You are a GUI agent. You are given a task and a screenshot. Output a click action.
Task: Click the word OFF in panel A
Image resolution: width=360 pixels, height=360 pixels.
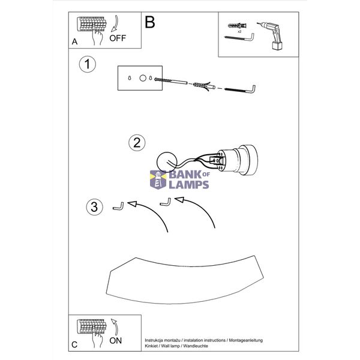(x=118, y=38)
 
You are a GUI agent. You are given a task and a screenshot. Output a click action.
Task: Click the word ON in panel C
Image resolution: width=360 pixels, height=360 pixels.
(x=115, y=341)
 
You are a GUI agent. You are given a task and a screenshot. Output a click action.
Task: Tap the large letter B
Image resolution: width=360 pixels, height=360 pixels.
(x=149, y=22)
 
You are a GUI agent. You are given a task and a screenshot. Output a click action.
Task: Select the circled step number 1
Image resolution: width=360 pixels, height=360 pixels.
(x=87, y=64)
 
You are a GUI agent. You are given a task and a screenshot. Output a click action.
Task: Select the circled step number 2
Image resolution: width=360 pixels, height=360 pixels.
(x=137, y=143)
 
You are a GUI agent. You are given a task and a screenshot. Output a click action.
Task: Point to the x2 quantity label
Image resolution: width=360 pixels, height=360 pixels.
(x=239, y=31)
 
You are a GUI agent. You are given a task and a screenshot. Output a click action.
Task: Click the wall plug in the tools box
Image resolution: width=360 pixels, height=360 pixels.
(x=238, y=25)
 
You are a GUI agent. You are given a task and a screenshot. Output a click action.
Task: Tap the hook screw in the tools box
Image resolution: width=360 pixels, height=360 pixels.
(x=239, y=38)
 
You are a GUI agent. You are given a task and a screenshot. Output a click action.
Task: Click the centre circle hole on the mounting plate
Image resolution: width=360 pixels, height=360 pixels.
(x=143, y=78)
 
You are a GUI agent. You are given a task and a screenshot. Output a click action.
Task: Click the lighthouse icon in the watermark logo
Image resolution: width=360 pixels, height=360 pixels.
(x=158, y=180)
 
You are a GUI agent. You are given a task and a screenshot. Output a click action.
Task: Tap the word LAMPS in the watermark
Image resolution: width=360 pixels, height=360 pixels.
(x=189, y=185)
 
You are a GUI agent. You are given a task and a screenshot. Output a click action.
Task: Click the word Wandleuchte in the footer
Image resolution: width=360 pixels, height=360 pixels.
(x=196, y=346)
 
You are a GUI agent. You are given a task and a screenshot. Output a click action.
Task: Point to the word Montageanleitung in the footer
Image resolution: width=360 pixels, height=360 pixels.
(x=245, y=340)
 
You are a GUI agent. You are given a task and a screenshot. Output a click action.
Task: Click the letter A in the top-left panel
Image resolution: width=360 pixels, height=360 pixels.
(x=74, y=41)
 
